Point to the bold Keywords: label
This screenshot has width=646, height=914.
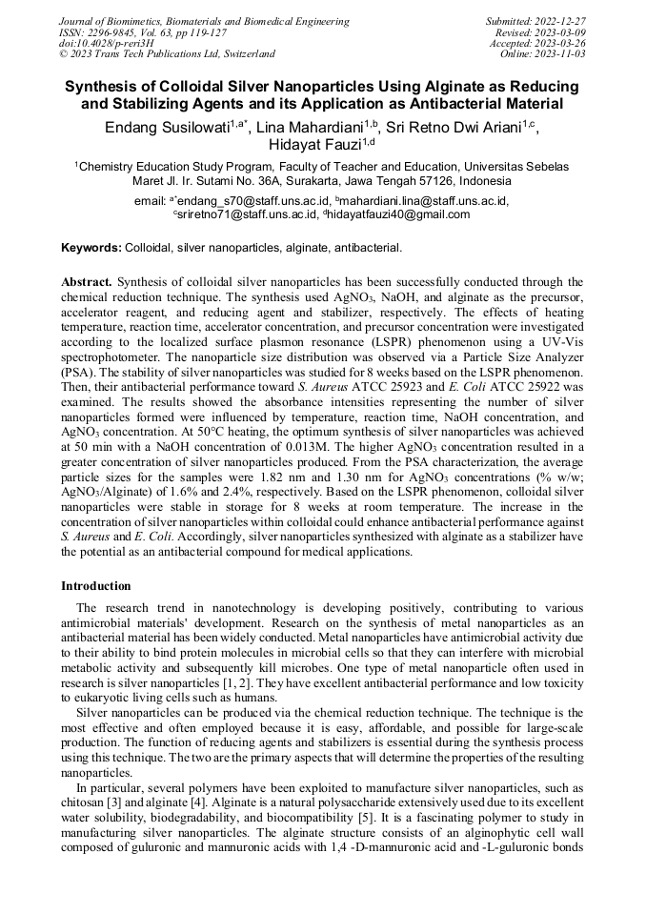click(91, 248)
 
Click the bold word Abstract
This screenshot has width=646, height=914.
click(87, 282)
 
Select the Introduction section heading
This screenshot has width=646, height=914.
click(96, 585)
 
